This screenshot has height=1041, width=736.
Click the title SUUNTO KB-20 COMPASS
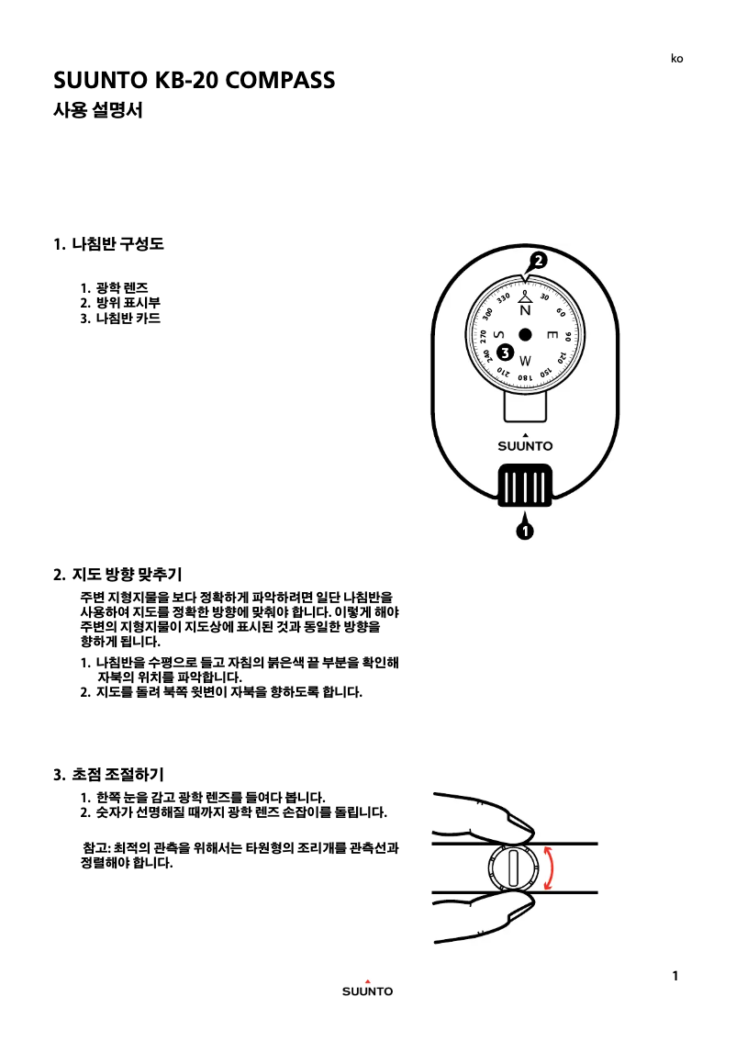click(x=194, y=80)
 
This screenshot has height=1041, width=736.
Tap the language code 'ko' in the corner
click(x=676, y=59)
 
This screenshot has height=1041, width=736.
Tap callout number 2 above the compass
click(x=538, y=261)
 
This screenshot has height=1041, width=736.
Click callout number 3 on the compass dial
click(x=503, y=353)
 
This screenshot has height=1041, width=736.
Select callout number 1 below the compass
click(x=524, y=531)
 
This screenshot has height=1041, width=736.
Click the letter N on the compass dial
click(x=525, y=311)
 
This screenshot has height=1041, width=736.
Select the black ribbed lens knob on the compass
click(x=525, y=486)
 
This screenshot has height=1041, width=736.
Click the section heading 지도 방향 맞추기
click(x=117, y=575)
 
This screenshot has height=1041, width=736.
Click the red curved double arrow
click(x=549, y=867)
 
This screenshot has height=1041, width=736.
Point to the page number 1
click(x=675, y=976)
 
